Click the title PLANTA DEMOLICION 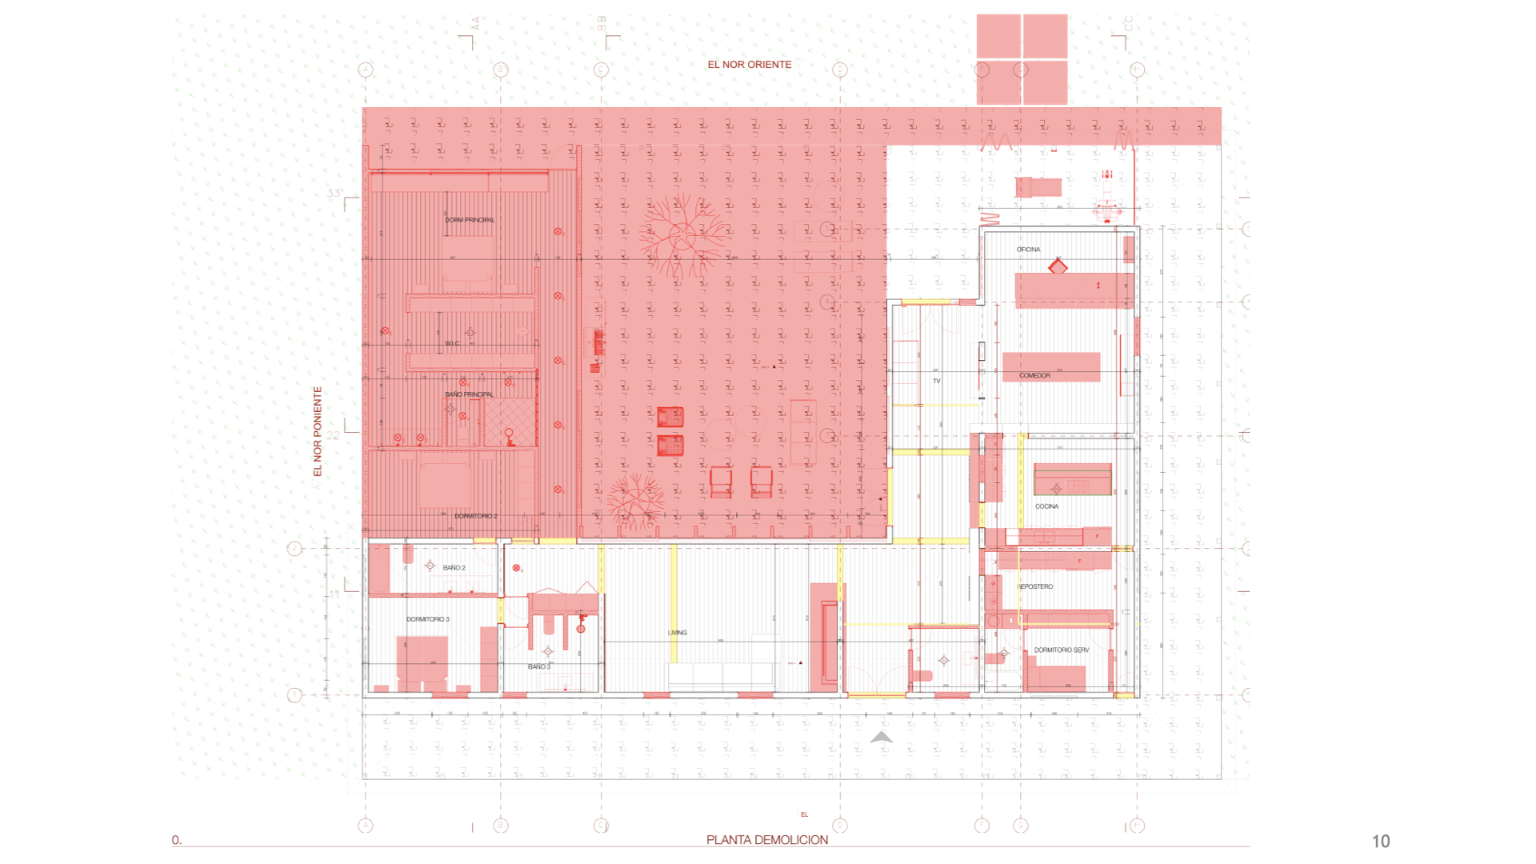[x=766, y=839]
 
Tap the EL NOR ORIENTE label [x=749, y=65]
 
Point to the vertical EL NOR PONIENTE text [x=318, y=432]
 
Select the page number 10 [x=1381, y=841]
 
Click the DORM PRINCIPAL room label [x=470, y=220]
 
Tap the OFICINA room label [x=1028, y=250]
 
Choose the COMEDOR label [x=1034, y=375]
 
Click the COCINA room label [x=1046, y=506]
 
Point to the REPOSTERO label [x=1035, y=586]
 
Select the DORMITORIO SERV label [x=1061, y=650]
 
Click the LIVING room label [x=677, y=633]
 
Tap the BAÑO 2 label [x=454, y=568]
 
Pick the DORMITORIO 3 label [x=427, y=619]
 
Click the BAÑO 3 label [x=538, y=666]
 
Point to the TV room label [x=936, y=381]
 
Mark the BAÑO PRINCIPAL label [x=469, y=394]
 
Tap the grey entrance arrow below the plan [x=881, y=738]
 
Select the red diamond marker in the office [x=1058, y=266]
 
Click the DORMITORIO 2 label [x=475, y=516]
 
